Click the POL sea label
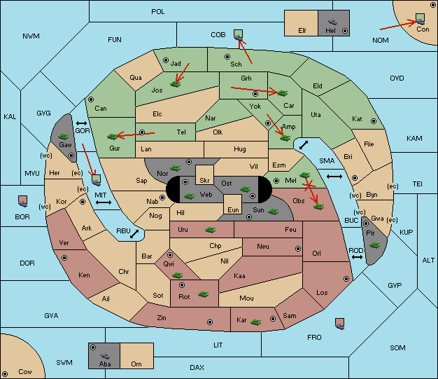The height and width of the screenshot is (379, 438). [158, 12]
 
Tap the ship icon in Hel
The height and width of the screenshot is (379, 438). [332, 22]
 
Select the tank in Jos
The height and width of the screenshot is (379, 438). [176, 83]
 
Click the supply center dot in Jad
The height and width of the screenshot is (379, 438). [166, 60]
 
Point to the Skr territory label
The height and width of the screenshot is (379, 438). [204, 181]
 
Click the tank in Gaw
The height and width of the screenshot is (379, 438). [63, 137]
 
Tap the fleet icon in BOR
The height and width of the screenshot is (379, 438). [22, 201]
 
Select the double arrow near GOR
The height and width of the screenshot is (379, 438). [81, 123]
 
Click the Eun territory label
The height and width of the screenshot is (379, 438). [233, 209]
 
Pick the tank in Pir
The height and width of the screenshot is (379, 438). [374, 245]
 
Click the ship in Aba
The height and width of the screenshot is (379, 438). [106, 356]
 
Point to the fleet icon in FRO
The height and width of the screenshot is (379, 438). [339, 324]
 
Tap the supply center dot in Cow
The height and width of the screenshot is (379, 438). [5, 373]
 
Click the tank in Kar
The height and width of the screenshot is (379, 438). [255, 322]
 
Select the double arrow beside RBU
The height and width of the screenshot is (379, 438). [134, 234]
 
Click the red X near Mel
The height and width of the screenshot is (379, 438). [309, 186]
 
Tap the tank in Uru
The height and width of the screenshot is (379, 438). [210, 230]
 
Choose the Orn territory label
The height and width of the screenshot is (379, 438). [136, 364]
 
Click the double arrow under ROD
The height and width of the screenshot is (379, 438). [357, 257]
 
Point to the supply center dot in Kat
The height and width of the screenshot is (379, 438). [374, 121]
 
